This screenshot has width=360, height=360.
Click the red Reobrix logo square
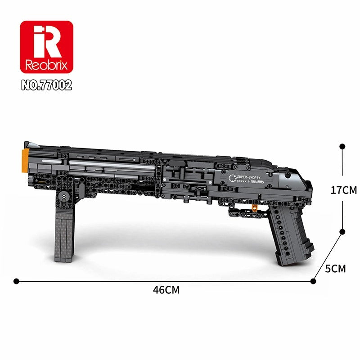pyautogui.click(x=46, y=47)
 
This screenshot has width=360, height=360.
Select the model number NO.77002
pyautogui.click(x=46, y=85)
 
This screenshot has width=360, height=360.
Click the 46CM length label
pyautogui.click(x=166, y=290)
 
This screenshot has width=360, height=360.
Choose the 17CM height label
pyautogui.click(x=343, y=190)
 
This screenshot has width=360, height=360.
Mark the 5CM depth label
pyautogui.click(x=335, y=269)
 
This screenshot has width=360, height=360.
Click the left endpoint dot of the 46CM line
pyautogui.click(x=17, y=281)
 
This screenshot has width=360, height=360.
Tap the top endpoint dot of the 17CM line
pyautogui.click(x=342, y=146)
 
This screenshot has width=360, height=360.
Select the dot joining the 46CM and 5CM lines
pyautogui.click(x=313, y=281)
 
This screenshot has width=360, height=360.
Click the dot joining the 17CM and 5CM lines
pyautogui.click(x=342, y=232)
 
